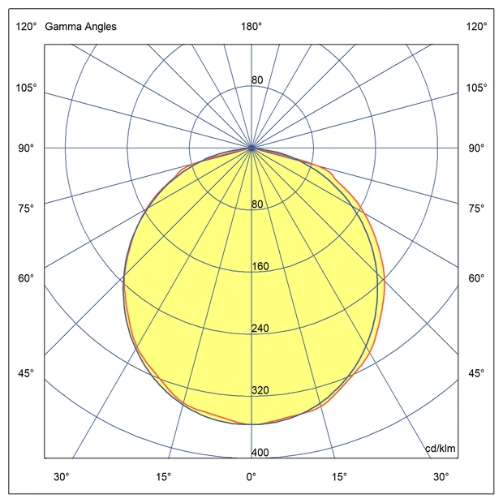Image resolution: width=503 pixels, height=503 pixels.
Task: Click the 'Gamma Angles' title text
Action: click(x=80, y=27)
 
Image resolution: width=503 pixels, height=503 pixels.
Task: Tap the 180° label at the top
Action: click(x=251, y=27)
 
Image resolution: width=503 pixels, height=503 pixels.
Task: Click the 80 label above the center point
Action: click(x=257, y=80)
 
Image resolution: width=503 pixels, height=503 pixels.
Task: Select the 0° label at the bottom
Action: click(x=251, y=476)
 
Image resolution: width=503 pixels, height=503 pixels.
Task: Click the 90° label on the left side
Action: click(x=26, y=148)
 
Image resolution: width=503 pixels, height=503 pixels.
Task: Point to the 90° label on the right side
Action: click(x=476, y=148)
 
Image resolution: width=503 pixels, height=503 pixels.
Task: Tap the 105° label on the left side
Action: click(x=26, y=88)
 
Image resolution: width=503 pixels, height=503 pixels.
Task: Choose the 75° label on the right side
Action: click(x=476, y=209)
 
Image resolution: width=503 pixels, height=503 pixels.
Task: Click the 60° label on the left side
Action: click(x=26, y=279)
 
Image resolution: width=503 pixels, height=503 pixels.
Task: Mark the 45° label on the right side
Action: click(x=476, y=373)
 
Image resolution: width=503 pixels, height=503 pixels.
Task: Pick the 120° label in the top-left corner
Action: click(x=26, y=27)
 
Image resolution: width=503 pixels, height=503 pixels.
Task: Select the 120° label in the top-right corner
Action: click(x=476, y=27)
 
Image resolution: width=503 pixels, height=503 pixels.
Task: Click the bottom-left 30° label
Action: click(x=62, y=476)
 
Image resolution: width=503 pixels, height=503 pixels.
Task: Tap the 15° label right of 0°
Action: click(x=339, y=476)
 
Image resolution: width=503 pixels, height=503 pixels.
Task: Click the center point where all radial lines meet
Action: click(x=251, y=148)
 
